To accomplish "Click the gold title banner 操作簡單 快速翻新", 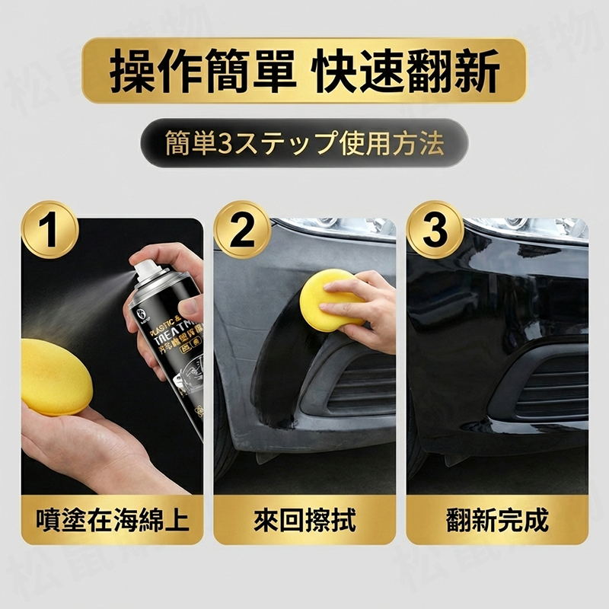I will click(304, 71).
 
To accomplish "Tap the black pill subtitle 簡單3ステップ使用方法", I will click(304, 142).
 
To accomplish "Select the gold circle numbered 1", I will click(49, 231).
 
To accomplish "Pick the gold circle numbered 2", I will click(242, 231).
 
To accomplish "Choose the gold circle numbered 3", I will click(435, 231).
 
